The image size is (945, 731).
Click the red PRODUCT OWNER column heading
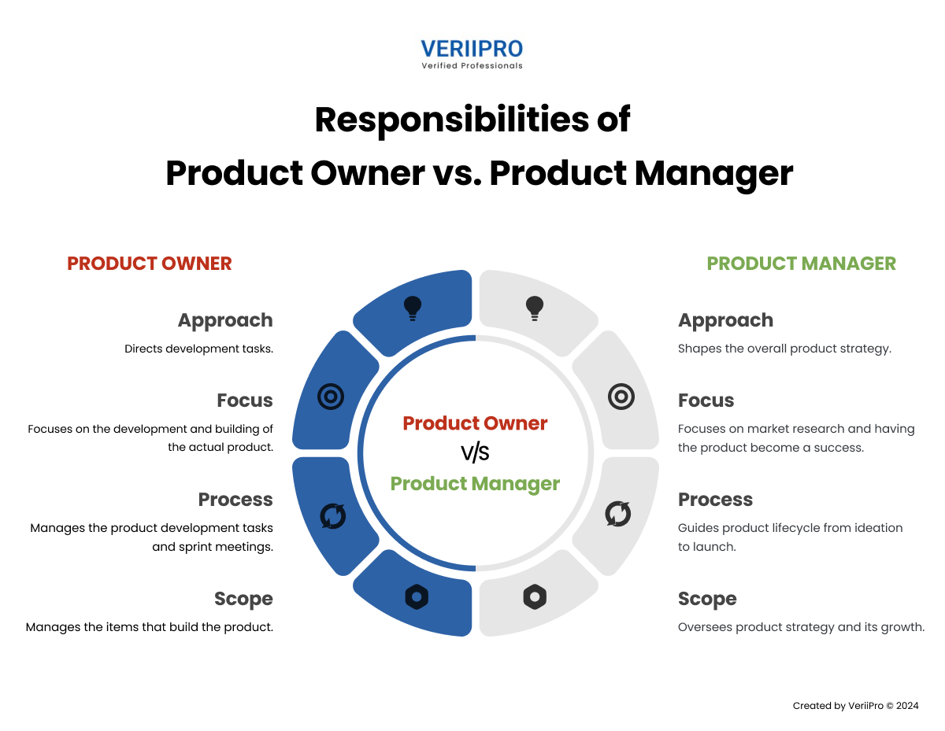[x=150, y=264]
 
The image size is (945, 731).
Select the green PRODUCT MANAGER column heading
[x=801, y=264]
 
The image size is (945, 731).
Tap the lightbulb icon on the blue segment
[x=412, y=308]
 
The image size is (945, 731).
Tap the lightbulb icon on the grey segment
[x=535, y=308]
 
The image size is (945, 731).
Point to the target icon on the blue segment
[x=330, y=397]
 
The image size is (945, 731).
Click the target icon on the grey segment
[x=621, y=397]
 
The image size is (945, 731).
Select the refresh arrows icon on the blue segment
[x=332, y=515]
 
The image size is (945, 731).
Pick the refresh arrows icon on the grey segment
[x=617, y=514]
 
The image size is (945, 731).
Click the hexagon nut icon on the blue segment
[x=417, y=597]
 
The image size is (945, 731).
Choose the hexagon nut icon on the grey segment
[x=535, y=597]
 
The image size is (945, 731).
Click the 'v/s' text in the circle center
[x=475, y=453]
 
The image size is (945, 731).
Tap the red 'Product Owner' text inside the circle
[x=475, y=423]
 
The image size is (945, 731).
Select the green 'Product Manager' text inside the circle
[x=475, y=483]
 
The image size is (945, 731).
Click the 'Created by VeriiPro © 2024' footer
[x=855, y=706]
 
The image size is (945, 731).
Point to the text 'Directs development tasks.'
[x=198, y=349]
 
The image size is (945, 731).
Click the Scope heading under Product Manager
[x=706, y=600]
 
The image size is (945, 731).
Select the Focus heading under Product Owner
[x=245, y=401]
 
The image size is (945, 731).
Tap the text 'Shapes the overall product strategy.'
[x=784, y=349]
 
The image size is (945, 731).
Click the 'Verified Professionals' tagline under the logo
[x=472, y=66]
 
